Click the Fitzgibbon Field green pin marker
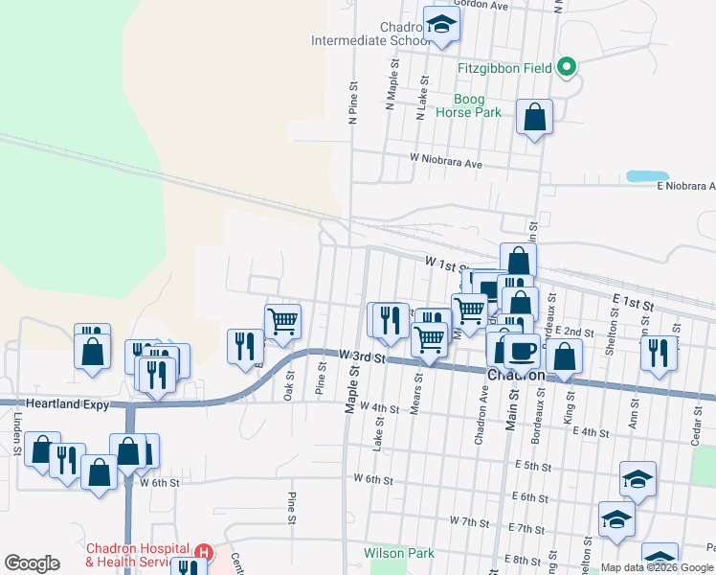pos(567,67)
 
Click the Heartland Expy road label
pos(63,405)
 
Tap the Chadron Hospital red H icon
pos(202,552)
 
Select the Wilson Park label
pos(398,553)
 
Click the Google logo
pos(33,563)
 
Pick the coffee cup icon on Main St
pos(522,351)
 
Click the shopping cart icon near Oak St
pos(283,321)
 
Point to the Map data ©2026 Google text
pos(657,567)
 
